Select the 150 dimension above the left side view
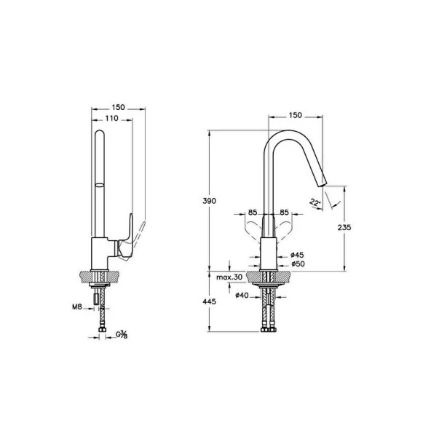pyautogui.click(x=118, y=107)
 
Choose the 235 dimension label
pyautogui.click(x=345, y=228)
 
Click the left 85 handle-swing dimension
pyautogui.click(x=253, y=213)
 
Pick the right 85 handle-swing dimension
pyautogui.click(x=284, y=213)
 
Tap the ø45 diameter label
pyautogui.click(x=296, y=255)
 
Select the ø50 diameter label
pyautogui.click(x=296, y=264)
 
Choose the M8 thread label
pyautogui.click(x=76, y=307)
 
